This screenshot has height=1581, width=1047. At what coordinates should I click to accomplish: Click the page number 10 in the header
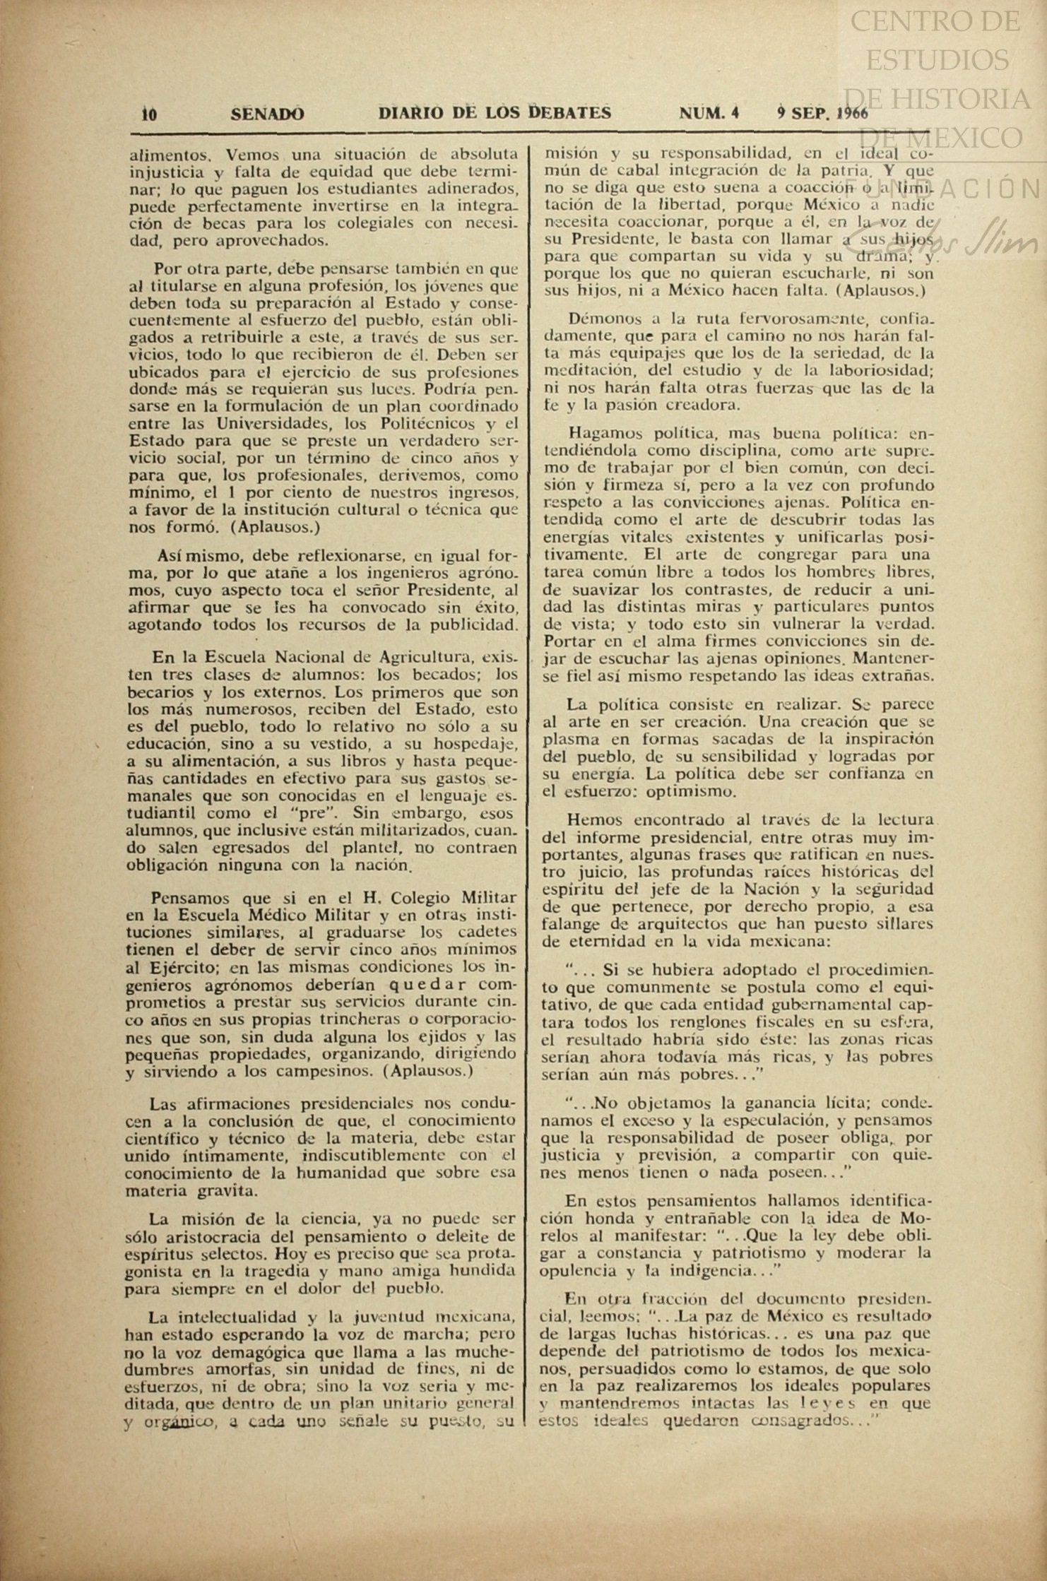pyautogui.click(x=149, y=114)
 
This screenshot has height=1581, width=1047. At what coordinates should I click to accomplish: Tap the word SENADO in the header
pyautogui.click(x=268, y=113)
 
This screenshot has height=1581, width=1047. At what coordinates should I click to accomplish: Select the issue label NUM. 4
pyautogui.click(x=709, y=113)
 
